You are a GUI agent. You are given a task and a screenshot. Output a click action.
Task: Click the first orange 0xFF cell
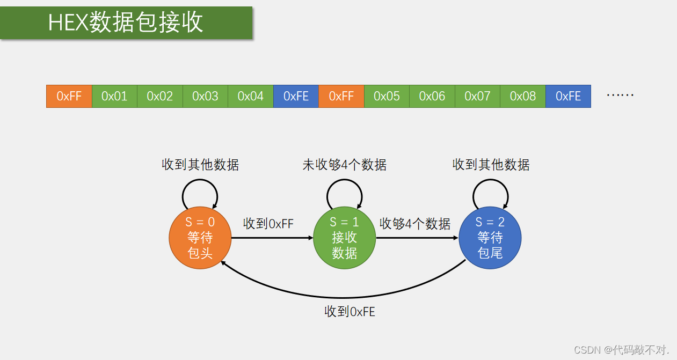[69, 96]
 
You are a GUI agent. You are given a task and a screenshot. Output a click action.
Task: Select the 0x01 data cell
[114, 96]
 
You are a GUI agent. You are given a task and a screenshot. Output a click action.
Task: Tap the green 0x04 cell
[251, 96]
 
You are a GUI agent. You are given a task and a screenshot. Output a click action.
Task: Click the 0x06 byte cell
[432, 96]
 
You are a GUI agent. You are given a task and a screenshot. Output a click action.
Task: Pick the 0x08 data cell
[523, 96]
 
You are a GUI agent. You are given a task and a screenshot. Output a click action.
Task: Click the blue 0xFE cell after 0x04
[296, 96]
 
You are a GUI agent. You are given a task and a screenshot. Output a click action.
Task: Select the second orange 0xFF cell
[341, 96]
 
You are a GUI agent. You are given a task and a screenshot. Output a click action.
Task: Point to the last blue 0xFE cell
[568, 96]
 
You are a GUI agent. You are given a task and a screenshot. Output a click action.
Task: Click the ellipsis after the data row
[620, 95]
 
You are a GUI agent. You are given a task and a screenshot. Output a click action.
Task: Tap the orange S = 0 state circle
[200, 238]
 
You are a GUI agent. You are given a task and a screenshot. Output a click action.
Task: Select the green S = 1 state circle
[345, 238]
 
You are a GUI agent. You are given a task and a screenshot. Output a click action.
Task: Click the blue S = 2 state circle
[490, 238]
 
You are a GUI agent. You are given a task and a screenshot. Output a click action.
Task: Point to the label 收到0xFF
[268, 224]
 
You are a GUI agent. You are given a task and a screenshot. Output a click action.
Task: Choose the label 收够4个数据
[415, 224]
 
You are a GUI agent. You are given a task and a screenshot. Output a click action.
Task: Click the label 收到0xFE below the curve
[350, 311]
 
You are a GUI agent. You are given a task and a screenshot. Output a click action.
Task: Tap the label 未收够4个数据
[345, 165]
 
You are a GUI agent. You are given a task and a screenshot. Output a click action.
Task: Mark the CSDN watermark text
[621, 350]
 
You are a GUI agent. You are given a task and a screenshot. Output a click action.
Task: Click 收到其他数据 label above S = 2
[491, 165]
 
